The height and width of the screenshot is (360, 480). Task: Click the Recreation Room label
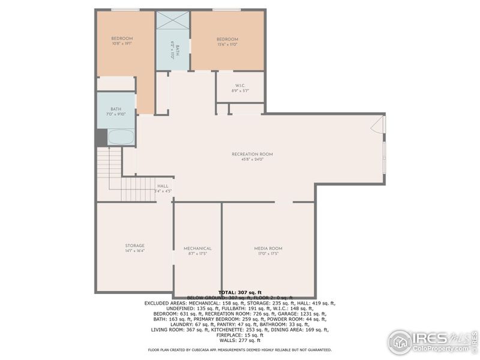252,154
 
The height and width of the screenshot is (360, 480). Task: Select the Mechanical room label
197,248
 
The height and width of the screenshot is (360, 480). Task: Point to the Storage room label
134,245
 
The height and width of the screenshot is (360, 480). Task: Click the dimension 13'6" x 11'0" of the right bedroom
227,44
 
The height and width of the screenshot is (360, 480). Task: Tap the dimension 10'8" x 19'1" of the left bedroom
122,43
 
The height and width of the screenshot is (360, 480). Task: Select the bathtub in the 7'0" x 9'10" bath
121,137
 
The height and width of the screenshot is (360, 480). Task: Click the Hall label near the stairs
163,186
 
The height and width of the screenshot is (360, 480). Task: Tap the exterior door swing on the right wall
378,125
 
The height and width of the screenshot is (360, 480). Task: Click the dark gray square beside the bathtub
101,137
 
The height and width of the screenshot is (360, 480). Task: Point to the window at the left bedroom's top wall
125,10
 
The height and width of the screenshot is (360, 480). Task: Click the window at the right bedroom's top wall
227,10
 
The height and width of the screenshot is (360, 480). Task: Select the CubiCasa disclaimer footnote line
239,349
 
